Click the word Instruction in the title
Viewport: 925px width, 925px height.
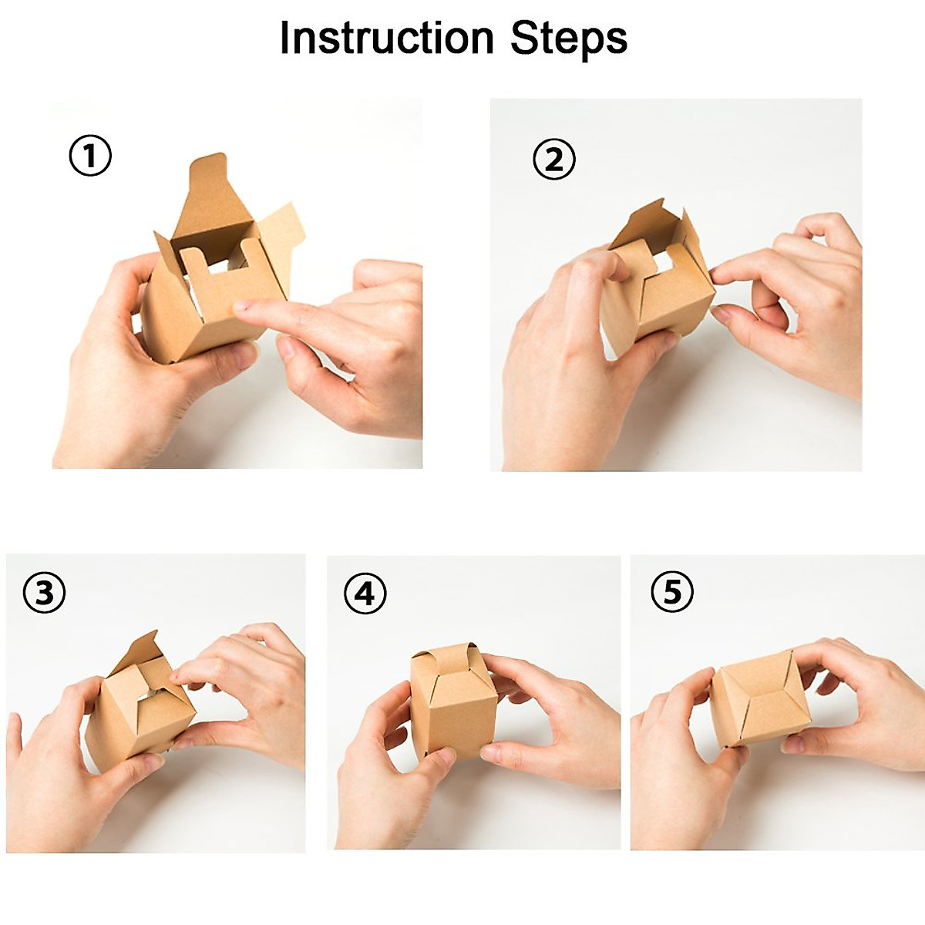386,38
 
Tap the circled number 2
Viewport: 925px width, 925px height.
554,160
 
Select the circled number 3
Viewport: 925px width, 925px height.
44,592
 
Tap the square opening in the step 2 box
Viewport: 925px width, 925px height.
663,260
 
